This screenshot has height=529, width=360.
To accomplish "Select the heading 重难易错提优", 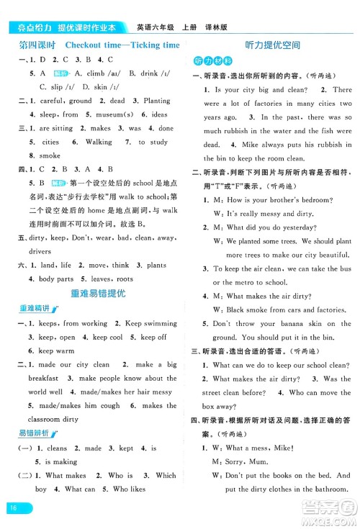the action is click(x=98, y=293).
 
